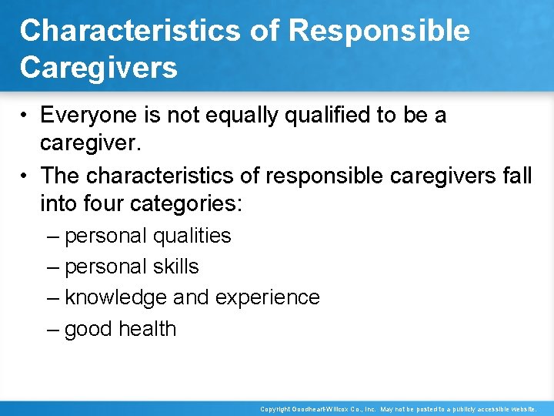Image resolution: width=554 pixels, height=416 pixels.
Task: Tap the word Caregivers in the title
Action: point(98,67)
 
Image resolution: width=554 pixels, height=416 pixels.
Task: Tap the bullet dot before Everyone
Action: point(25,116)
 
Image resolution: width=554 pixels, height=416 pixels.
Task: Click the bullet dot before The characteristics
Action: point(25,176)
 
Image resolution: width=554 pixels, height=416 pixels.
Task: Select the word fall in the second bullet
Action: point(516,176)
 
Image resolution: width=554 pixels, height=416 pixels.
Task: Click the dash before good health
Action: point(52,329)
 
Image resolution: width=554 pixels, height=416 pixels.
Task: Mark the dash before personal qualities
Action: point(52,236)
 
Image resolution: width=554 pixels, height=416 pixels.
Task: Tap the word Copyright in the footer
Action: point(272,409)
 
